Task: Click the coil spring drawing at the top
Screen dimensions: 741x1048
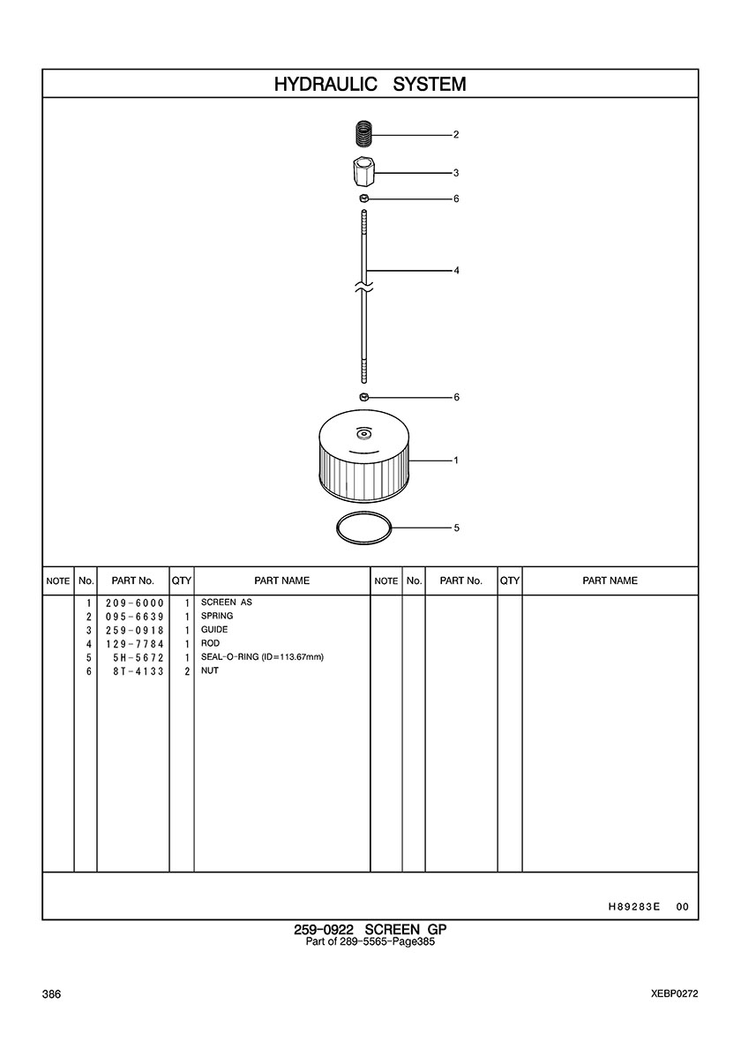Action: (x=363, y=134)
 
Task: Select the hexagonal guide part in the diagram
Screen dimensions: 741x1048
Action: (x=363, y=172)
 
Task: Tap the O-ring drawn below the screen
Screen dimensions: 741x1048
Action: (x=363, y=528)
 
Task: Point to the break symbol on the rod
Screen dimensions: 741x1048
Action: (x=364, y=288)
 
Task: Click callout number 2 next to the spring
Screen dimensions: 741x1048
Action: (x=456, y=134)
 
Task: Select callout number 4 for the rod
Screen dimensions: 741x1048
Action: (x=456, y=271)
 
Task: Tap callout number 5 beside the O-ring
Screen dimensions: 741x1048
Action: (x=456, y=528)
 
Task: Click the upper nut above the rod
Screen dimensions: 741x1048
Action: (x=363, y=198)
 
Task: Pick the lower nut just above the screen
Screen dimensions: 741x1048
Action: (x=364, y=397)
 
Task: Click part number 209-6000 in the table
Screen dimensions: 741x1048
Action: (x=134, y=603)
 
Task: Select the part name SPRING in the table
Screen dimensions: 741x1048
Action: (x=217, y=616)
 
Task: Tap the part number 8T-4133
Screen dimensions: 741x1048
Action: (x=138, y=671)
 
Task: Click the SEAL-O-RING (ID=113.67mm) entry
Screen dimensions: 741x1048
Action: (x=263, y=657)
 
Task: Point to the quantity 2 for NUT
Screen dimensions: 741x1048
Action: (x=188, y=671)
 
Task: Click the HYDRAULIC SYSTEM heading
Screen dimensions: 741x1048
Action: (x=370, y=84)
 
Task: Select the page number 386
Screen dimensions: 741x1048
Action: (x=51, y=994)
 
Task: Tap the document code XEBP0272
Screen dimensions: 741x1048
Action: (x=674, y=994)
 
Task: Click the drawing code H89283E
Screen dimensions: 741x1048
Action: (x=634, y=907)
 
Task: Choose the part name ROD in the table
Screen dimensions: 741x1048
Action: (x=211, y=643)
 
